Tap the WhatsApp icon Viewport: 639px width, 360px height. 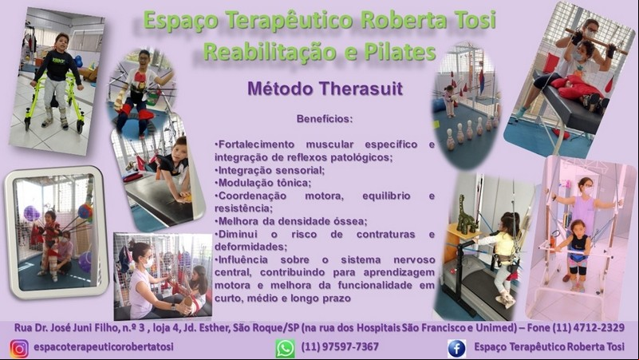[x=285, y=349]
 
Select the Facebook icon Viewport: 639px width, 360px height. [x=456, y=349]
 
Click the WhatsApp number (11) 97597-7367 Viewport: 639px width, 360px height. [x=340, y=347]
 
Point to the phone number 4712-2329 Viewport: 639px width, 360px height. [x=598, y=328]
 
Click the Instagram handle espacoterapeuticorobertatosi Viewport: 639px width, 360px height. [x=104, y=347]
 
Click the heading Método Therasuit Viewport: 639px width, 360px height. [x=325, y=89]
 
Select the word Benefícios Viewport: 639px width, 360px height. [x=325, y=119]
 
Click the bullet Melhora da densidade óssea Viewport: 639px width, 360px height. [x=291, y=221]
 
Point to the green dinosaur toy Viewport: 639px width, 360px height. [x=466, y=216]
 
